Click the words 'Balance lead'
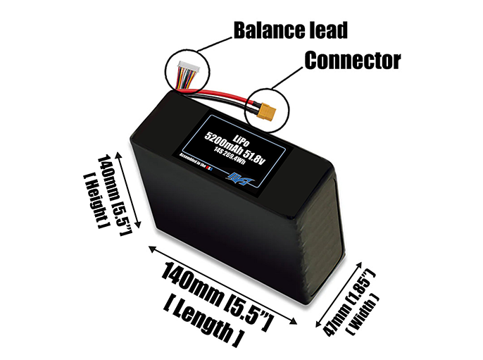click(x=290, y=31)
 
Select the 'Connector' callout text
click(x=352, y=61)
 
